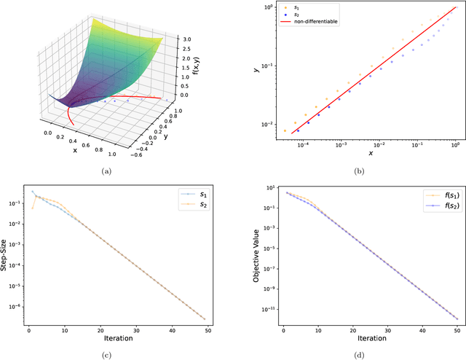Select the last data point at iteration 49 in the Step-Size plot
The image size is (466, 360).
[x=204, y=318]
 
